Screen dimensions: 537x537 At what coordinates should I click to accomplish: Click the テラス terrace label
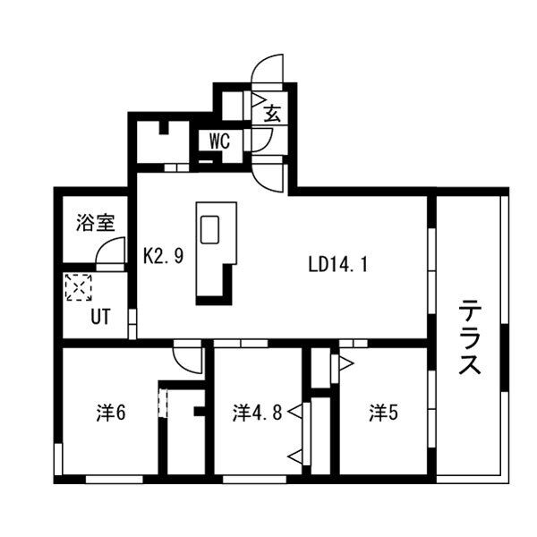471,339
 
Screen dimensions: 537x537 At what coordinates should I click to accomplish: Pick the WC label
221,141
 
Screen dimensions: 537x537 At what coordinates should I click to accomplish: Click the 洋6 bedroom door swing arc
188,357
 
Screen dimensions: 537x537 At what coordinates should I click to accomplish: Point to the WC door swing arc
263,140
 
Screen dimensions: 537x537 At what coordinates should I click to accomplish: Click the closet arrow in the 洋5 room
345,362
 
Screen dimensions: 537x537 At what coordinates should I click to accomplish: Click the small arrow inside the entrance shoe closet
256,101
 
